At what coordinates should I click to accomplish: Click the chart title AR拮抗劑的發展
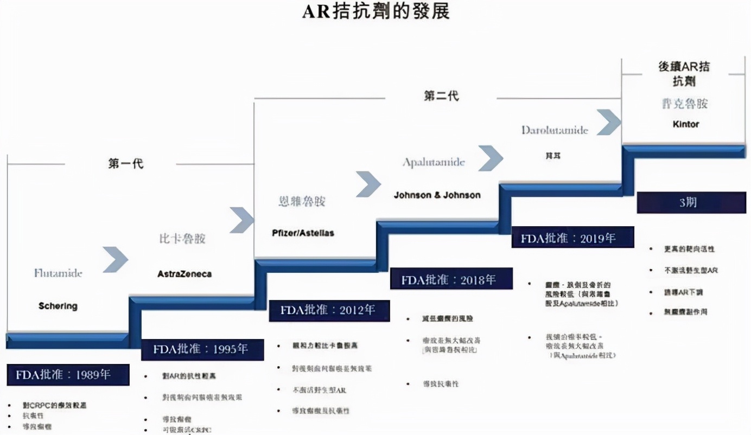(375, 11)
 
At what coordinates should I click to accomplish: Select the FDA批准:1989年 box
(68, 375)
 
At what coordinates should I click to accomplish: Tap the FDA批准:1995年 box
(202, 349)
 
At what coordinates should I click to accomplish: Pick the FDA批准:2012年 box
(329, 310)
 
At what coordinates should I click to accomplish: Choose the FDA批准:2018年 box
(450, 280)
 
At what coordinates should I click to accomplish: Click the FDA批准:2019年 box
(572, 237)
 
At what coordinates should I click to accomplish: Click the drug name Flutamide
(58, 273)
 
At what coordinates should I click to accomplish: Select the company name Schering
(58, 306)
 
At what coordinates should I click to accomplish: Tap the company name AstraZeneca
(184, 274)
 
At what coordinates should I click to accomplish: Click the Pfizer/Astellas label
(303, 233)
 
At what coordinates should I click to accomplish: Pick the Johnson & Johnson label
(437, 195)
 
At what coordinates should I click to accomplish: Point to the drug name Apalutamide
(434, 163)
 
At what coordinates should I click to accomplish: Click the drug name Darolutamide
(555, 130)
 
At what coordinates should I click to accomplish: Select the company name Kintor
(685, 124)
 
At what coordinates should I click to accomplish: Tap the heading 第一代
(126, 163)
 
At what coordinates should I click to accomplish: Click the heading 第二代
(441, 97)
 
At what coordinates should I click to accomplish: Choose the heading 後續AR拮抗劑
(684, 74)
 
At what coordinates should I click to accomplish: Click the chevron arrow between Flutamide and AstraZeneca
(115, 259)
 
